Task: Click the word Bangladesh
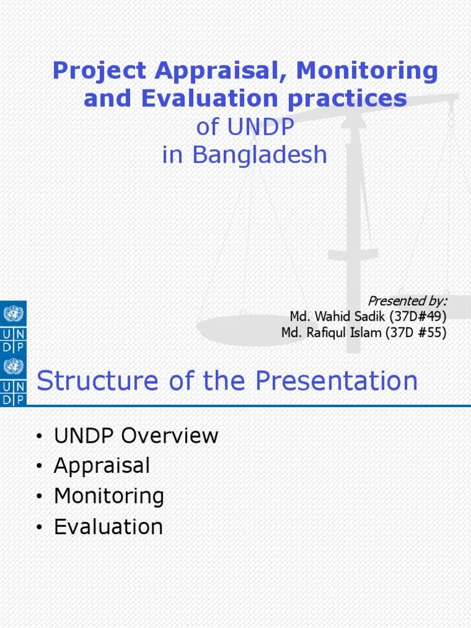[x=260, y=155]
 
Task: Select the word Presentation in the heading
[x=336, y=381]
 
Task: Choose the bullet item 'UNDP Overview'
[x=136, y=436]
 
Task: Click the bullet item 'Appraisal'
[x=102, y=466]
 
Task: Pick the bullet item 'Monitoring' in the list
[x=109, y=496]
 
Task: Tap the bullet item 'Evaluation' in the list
[x=109, y=527]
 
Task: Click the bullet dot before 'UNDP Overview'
[x=39, y=437]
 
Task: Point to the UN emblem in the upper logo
[x=13, y=315]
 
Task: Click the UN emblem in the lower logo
[x=13, y=367]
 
